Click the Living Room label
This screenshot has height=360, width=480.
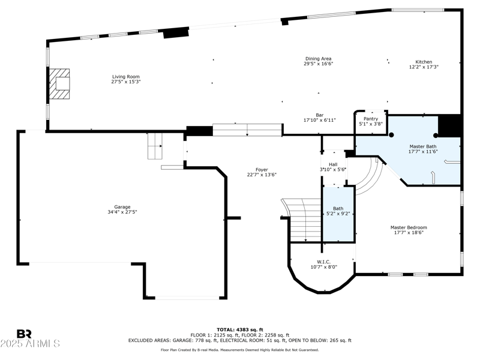pyautogui.click(x=126, y=77)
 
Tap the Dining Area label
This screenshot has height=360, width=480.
pyautogui.click(x=319, y=59)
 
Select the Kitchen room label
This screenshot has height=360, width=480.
pyautogui.click(x=424, y=62)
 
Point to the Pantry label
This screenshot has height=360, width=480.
pyautogui.click(x=371, y=119)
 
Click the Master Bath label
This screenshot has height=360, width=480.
pyautogui.click(x=423, y=146)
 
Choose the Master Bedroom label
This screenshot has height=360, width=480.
pyautogui.click(x=409, y=227)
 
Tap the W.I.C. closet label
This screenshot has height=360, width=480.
pyautogui.click(x=323, y=262)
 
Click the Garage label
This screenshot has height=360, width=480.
pyautogui.click(x=122, y=207)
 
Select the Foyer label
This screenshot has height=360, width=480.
pyautogui.click(x=262, y=170)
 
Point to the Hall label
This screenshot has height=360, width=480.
pyautogui.click(x=333, y=164)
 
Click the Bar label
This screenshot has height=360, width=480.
pyautogui.click(x=320, y=115)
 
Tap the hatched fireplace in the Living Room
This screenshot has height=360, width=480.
pyautogui.click(x=59, y=83)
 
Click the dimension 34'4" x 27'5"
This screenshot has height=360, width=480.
pyautogui.click(x=122, y=212)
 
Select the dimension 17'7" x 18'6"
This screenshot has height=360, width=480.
pyautogui.click(x=409, y=233)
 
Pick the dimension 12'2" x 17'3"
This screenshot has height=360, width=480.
pyautogui.click(x=424, y=67)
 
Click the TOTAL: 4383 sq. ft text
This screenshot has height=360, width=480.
pyautogui.click(x=240, y=329)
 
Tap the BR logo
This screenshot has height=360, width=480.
pyautogui.click(x=24, y=334)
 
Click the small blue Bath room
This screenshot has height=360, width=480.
pyautogui.click(x=339, y=214)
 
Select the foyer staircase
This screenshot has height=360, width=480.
pyautogui.click(x=302, y=220)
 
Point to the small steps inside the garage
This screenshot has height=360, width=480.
pyautogui.click(x=155, y=146)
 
